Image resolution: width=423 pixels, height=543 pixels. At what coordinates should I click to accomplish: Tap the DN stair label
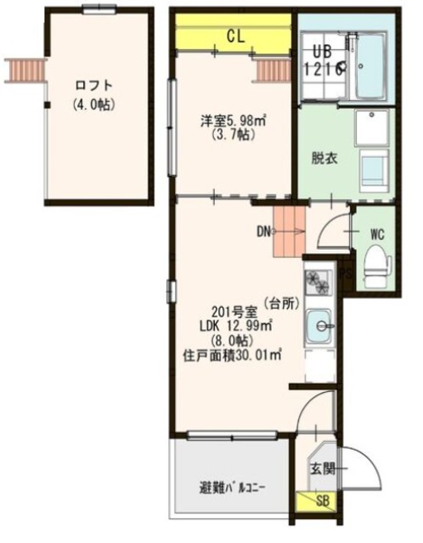(264, 231)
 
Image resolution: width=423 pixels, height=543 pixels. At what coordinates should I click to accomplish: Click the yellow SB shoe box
(323, 501)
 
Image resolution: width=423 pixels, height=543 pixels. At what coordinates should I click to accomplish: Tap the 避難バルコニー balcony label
(231, 488)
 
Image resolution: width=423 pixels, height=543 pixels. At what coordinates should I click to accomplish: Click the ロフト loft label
(93, 86)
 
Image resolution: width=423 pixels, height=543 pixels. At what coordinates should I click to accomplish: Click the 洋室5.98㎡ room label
(233, 121)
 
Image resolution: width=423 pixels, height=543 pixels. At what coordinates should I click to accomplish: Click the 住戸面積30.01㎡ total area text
(233, 355)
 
